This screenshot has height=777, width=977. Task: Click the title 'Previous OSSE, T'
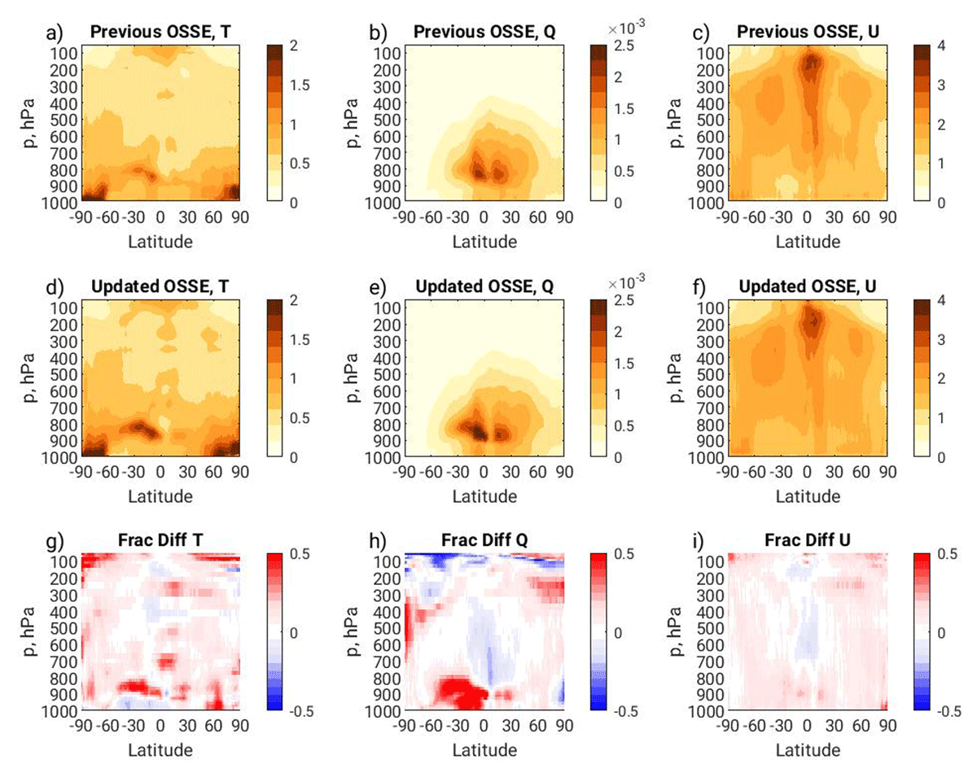pos(160,32)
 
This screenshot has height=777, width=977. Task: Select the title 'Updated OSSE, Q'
pos(484,286)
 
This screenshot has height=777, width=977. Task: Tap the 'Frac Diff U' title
pos(807,540)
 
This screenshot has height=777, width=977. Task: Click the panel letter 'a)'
pos(55,33)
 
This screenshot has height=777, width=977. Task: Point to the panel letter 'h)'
pos(378,541)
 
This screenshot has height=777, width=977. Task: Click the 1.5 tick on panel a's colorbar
pos(300,85)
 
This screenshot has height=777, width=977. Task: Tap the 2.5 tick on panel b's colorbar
pos(624,46)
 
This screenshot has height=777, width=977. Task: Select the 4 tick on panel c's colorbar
pos(941,46)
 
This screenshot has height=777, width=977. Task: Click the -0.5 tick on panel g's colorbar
pos(301,711)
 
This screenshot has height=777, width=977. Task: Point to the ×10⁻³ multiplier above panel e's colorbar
pos(626,282)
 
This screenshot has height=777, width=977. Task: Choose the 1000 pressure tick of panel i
pos(706,711)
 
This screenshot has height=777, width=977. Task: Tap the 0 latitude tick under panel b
pos(484,217)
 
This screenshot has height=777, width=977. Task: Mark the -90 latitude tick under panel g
pos(81,725)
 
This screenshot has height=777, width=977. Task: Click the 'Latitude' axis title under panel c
pos(808,242)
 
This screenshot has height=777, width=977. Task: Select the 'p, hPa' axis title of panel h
pos(353,631)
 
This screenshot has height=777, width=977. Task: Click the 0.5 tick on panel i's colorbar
pos(947,554)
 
